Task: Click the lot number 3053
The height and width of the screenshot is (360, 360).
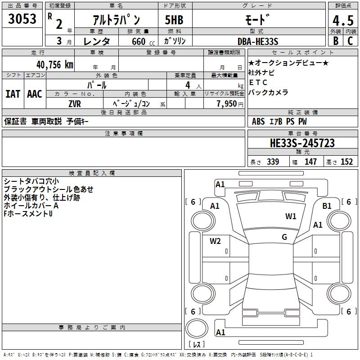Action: coord(22,19)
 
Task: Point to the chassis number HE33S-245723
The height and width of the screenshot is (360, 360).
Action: coord(302,143)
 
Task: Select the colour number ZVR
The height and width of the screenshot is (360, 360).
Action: coord(75,103)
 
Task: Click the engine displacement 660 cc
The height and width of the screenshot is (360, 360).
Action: coord(139,41)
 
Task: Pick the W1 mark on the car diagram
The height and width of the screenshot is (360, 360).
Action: coord(291,216)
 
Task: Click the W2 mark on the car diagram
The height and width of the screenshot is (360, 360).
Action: coord(215,241)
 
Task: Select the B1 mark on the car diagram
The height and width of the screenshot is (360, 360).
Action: coord(327,206)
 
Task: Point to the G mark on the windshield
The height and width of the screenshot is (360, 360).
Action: coord(284,237)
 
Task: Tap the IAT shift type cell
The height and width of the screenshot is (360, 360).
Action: coord(13,94)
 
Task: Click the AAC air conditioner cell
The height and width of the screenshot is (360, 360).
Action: coord(34,94)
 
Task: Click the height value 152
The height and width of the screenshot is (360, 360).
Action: coord(346,162)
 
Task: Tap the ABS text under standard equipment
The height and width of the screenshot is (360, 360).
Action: coord(258,121)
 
